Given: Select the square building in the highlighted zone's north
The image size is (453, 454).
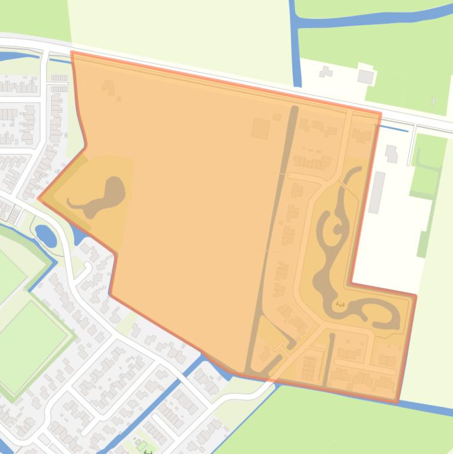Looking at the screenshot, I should (260, 128).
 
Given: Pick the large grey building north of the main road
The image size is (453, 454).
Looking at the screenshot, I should (366, 77).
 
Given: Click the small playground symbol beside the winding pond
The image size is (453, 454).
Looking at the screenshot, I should (339, 305).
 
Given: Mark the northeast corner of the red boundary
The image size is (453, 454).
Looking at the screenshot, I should (381, 113).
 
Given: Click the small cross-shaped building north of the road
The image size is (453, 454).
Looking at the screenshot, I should (325, 72).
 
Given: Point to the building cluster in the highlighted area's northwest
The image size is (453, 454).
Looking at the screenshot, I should (109, 88).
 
